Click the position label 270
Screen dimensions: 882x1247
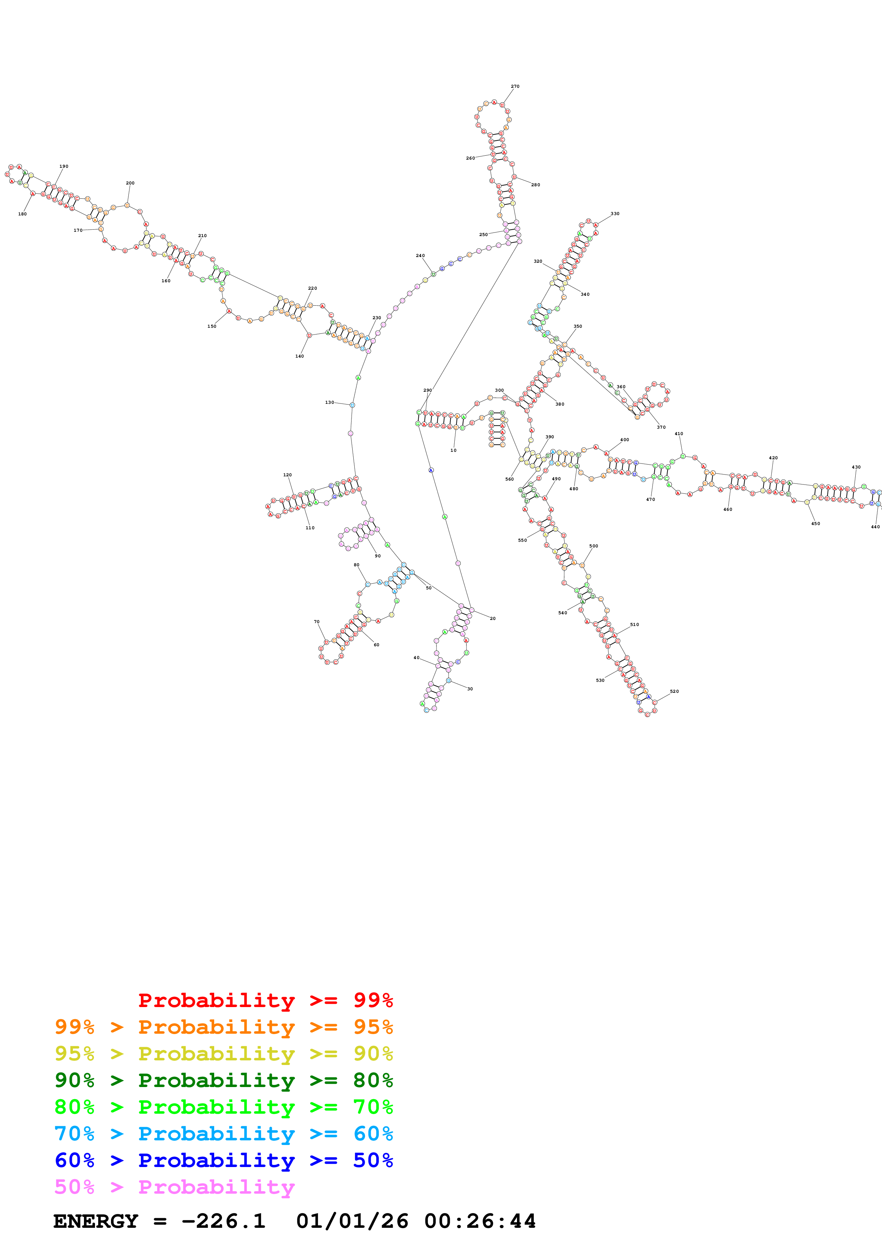[x=514, y=86]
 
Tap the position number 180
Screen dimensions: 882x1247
[x=22, y=214]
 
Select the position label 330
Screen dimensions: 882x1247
[x=615, y=213]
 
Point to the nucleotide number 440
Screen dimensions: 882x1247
[x=875, y=527]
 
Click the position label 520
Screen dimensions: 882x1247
[x=674, y=691]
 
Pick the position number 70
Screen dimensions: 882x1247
[x=316, y=622]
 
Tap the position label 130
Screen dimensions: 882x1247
[x=329, y=402]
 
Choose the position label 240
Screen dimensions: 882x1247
[x=420, y=255]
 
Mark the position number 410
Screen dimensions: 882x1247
[x=679, y=434]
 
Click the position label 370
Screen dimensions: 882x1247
[x=661, y=427]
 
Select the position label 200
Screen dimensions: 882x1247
[x=130, y=183]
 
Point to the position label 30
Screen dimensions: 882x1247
[x=470, y=689]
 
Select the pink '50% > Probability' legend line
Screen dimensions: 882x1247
[x=174, y=1187]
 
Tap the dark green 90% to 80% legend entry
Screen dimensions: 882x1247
[x=223, y=1080]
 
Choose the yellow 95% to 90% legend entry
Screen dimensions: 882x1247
[x=223, y=1054]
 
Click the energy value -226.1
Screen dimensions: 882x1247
[x=223, y=1221]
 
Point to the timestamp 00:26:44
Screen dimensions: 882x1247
[x=480, y=1221]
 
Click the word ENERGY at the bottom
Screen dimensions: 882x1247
[x=96, y=1221]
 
